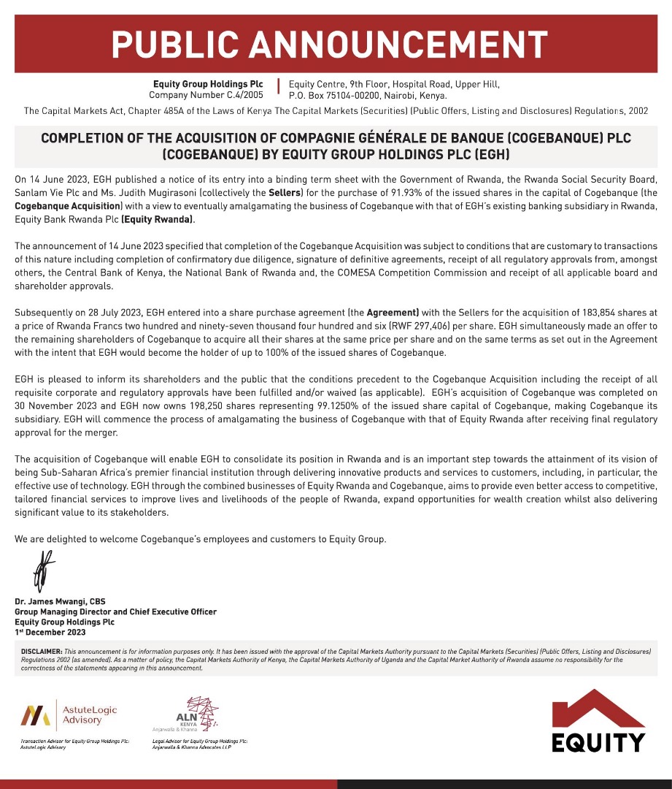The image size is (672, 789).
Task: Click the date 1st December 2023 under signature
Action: click(50, 632)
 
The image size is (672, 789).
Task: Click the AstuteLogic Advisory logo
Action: click(69, 715)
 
